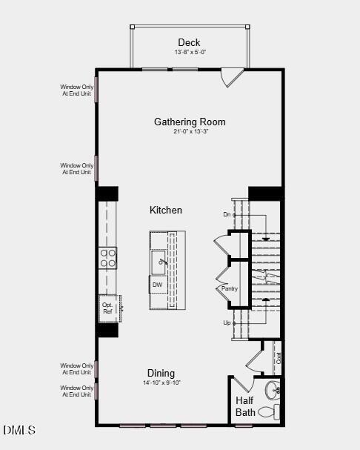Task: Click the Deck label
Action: pos(189,42)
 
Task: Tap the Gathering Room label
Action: pos(190,122)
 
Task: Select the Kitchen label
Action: pos(166,211)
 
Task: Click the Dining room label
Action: pos(161,373)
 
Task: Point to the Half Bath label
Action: pos(245,406)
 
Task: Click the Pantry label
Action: pos(228,288)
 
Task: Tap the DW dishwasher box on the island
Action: pos(157,285)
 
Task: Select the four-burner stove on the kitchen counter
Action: pos(108,257)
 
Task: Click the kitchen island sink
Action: pos(159,261)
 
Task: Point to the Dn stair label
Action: pos(227,214)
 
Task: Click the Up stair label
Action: pos(227,323)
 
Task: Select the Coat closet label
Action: pos(279,357)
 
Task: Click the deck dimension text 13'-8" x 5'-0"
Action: pos(189,53)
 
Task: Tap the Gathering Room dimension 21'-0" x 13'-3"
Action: pos(190,132)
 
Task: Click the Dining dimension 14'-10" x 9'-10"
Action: pos(161,383)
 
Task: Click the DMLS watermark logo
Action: pos(19,431)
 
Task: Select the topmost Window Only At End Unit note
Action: pos(77,90)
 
